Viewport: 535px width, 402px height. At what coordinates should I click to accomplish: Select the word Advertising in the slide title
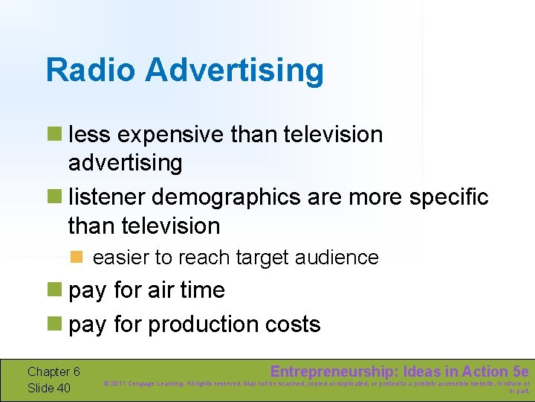[x=235, y=71]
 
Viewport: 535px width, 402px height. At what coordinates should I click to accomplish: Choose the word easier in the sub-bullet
[x=121, y=258]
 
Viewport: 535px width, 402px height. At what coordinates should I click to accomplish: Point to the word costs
[x=295, y=325]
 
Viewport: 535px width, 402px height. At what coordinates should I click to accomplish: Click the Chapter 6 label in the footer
[x=53, y=371]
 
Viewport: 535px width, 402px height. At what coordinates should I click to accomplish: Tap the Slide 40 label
[x=49, y=387]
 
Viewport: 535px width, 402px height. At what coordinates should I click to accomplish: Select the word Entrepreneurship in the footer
[x=332, y=371]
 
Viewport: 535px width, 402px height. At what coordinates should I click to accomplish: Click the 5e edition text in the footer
[x=521, y=371]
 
